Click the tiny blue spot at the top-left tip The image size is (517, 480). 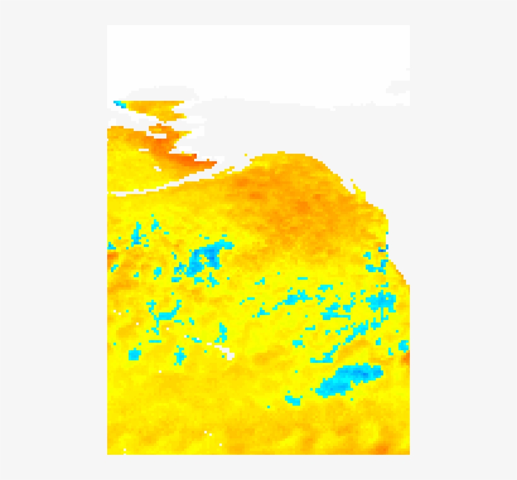pos(117,103)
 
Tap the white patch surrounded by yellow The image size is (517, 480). pos(225,350)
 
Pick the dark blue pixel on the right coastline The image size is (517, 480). pos(383,249)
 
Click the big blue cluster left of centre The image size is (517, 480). pos(206,258)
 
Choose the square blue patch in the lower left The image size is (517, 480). pos(134,355)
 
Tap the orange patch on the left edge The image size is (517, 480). pos(112,259)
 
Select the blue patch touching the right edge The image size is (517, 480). pos(404,346)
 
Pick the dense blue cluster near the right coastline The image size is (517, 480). pos(381,301)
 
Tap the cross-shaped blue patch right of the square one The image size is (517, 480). pos(180,355)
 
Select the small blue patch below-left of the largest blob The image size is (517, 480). pos(292,398)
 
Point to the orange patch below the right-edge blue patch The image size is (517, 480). pos(406,360)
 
